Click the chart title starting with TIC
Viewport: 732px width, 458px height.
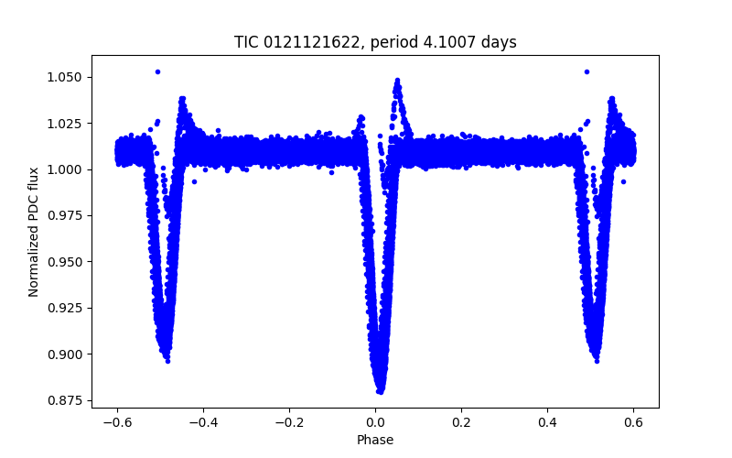tap(375, 42)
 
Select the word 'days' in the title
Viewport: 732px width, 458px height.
tap(500, 42)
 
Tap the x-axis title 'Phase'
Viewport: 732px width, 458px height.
tap(375, 441)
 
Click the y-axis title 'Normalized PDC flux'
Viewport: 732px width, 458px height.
tap(34, 232)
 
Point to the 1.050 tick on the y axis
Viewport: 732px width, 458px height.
tap(65, 77)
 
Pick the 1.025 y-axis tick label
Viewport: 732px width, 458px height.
tap(65, 123)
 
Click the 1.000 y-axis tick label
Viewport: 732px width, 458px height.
tap(65, 169)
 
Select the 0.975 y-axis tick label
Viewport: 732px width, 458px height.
tap(65, 215)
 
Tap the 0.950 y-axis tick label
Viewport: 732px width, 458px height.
tap(65, 262)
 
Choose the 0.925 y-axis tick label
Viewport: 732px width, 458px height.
tap(65, 308)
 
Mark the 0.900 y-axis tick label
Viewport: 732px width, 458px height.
tap(65, 354)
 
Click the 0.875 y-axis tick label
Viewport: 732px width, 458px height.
tap(65, 400)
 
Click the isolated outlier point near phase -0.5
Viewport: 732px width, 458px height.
tap(157, 71)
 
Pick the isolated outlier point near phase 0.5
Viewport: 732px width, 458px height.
tap(587, 71)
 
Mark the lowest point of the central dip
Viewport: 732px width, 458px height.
tap(380, 391)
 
